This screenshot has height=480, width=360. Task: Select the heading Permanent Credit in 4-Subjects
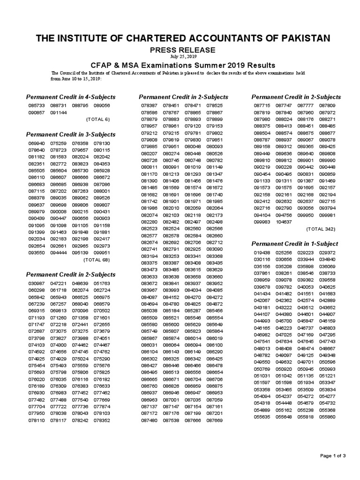[70, 97]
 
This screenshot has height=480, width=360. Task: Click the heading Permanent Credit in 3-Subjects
[70, 135]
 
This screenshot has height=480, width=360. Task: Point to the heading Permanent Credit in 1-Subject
[295, 244]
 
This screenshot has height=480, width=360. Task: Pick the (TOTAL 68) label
[96, 259]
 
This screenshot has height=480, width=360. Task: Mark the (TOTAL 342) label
[321, 229]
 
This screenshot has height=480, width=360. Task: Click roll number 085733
[36, 106]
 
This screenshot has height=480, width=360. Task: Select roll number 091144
[59, 113]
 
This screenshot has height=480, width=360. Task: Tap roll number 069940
[36, 143]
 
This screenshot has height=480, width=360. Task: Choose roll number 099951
[102, 252]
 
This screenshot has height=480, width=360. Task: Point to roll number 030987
[36, 283]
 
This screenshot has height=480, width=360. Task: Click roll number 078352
[102, 420]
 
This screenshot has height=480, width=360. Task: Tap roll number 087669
[214, 420]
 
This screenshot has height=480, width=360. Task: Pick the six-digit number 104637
[284, 222]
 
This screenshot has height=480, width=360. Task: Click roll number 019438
[262, 253]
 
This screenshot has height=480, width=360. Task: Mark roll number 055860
[327, 417]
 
